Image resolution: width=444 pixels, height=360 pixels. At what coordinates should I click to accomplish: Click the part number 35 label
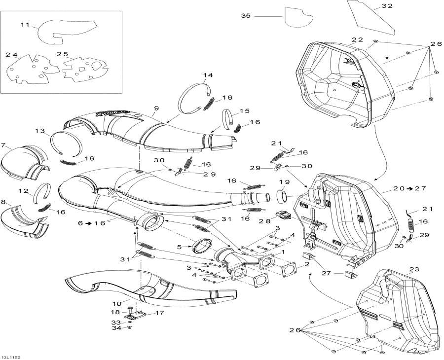coord(246,16)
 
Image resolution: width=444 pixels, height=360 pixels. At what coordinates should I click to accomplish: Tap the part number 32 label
coord(387,6)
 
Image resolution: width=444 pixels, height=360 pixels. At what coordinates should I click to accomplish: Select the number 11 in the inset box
coord(25,24)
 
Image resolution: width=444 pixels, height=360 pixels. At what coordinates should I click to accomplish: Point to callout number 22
coord(357,39)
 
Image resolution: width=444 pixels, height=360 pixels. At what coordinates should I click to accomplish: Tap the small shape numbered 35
coord(298,17)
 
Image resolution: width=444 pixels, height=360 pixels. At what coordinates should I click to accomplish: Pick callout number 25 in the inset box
coord(63,54)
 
